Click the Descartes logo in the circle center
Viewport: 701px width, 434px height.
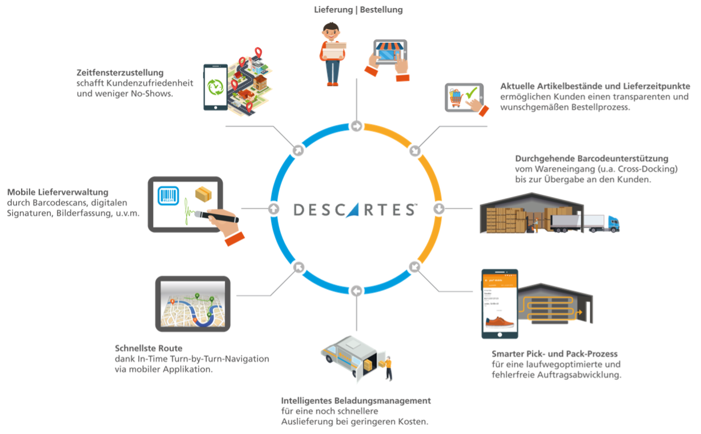point(356,210)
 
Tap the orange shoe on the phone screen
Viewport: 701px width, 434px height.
point(499,325)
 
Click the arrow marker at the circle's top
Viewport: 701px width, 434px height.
point(356,126)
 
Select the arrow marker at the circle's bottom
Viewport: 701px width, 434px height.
point(356,292)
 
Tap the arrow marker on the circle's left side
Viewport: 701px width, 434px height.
point(273,209)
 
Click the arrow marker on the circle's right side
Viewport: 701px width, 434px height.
point(439,209)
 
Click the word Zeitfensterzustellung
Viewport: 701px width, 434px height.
point(120,73)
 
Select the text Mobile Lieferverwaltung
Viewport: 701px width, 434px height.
point(58,192)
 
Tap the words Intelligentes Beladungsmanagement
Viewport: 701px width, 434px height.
point(356,401)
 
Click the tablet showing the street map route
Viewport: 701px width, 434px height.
point(193,304)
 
